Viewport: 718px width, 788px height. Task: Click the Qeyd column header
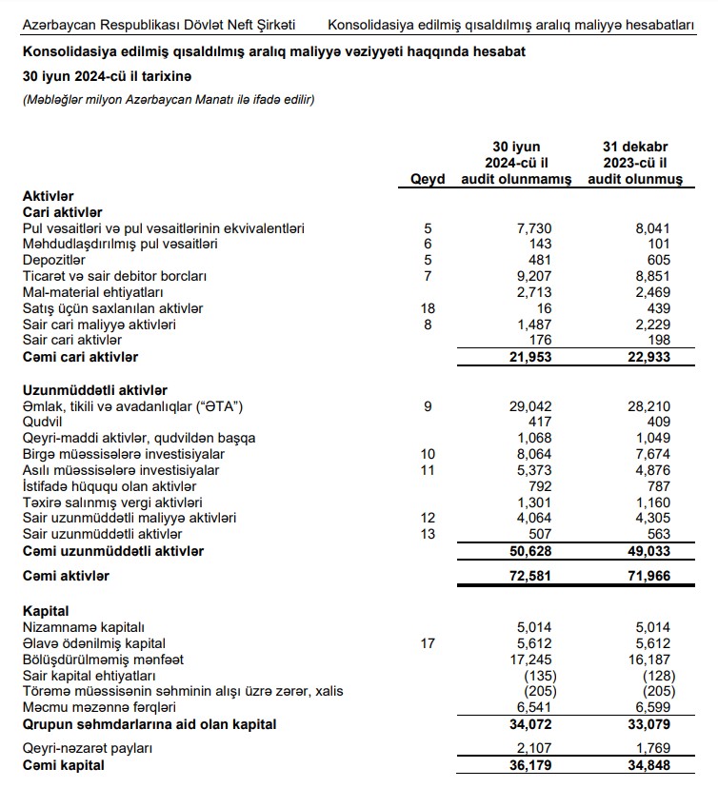tap(428, 180)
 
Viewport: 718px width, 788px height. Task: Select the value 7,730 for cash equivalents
tap(533, 228)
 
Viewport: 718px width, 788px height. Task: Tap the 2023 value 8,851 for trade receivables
tap(651, 276)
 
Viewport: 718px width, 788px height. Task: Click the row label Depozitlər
tap(54, 260)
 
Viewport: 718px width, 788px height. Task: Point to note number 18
tap(428, 308)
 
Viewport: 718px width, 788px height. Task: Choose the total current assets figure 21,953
tap(527, 357)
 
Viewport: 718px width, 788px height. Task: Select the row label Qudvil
tap(43, 423)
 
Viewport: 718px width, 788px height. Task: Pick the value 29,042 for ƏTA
tap(529, 406)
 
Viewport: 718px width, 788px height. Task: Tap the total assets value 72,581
tap(527, 576)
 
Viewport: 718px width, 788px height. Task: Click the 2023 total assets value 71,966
tap(648, 576)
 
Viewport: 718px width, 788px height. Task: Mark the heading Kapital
tap(46, 610)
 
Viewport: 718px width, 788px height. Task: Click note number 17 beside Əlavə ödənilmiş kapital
tap(428, 642)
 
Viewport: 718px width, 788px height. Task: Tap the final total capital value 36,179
tap(527, 764)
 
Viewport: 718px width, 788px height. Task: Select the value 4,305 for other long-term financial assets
tap(651, 519)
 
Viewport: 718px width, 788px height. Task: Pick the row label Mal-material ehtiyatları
tap(93, 292)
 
